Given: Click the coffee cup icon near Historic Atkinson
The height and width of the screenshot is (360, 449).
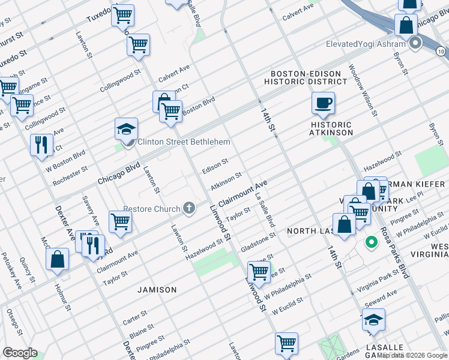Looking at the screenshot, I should click(323, 103).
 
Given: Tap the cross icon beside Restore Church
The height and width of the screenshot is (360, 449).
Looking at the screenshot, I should click(189, 209).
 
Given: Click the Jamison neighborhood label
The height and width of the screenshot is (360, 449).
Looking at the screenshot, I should click(157, 290).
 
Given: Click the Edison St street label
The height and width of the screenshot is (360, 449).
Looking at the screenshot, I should click(215, 165).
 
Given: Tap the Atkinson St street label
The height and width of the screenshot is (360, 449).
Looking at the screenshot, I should click(226, 180).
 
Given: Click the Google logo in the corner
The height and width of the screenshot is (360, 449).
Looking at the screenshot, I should click(20, 353).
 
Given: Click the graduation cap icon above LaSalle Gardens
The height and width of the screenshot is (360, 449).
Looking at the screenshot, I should click(373, 320).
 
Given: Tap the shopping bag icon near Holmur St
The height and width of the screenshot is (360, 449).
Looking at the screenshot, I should click(58, 259).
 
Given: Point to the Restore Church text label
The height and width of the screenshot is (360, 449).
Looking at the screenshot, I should click(152, 209).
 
